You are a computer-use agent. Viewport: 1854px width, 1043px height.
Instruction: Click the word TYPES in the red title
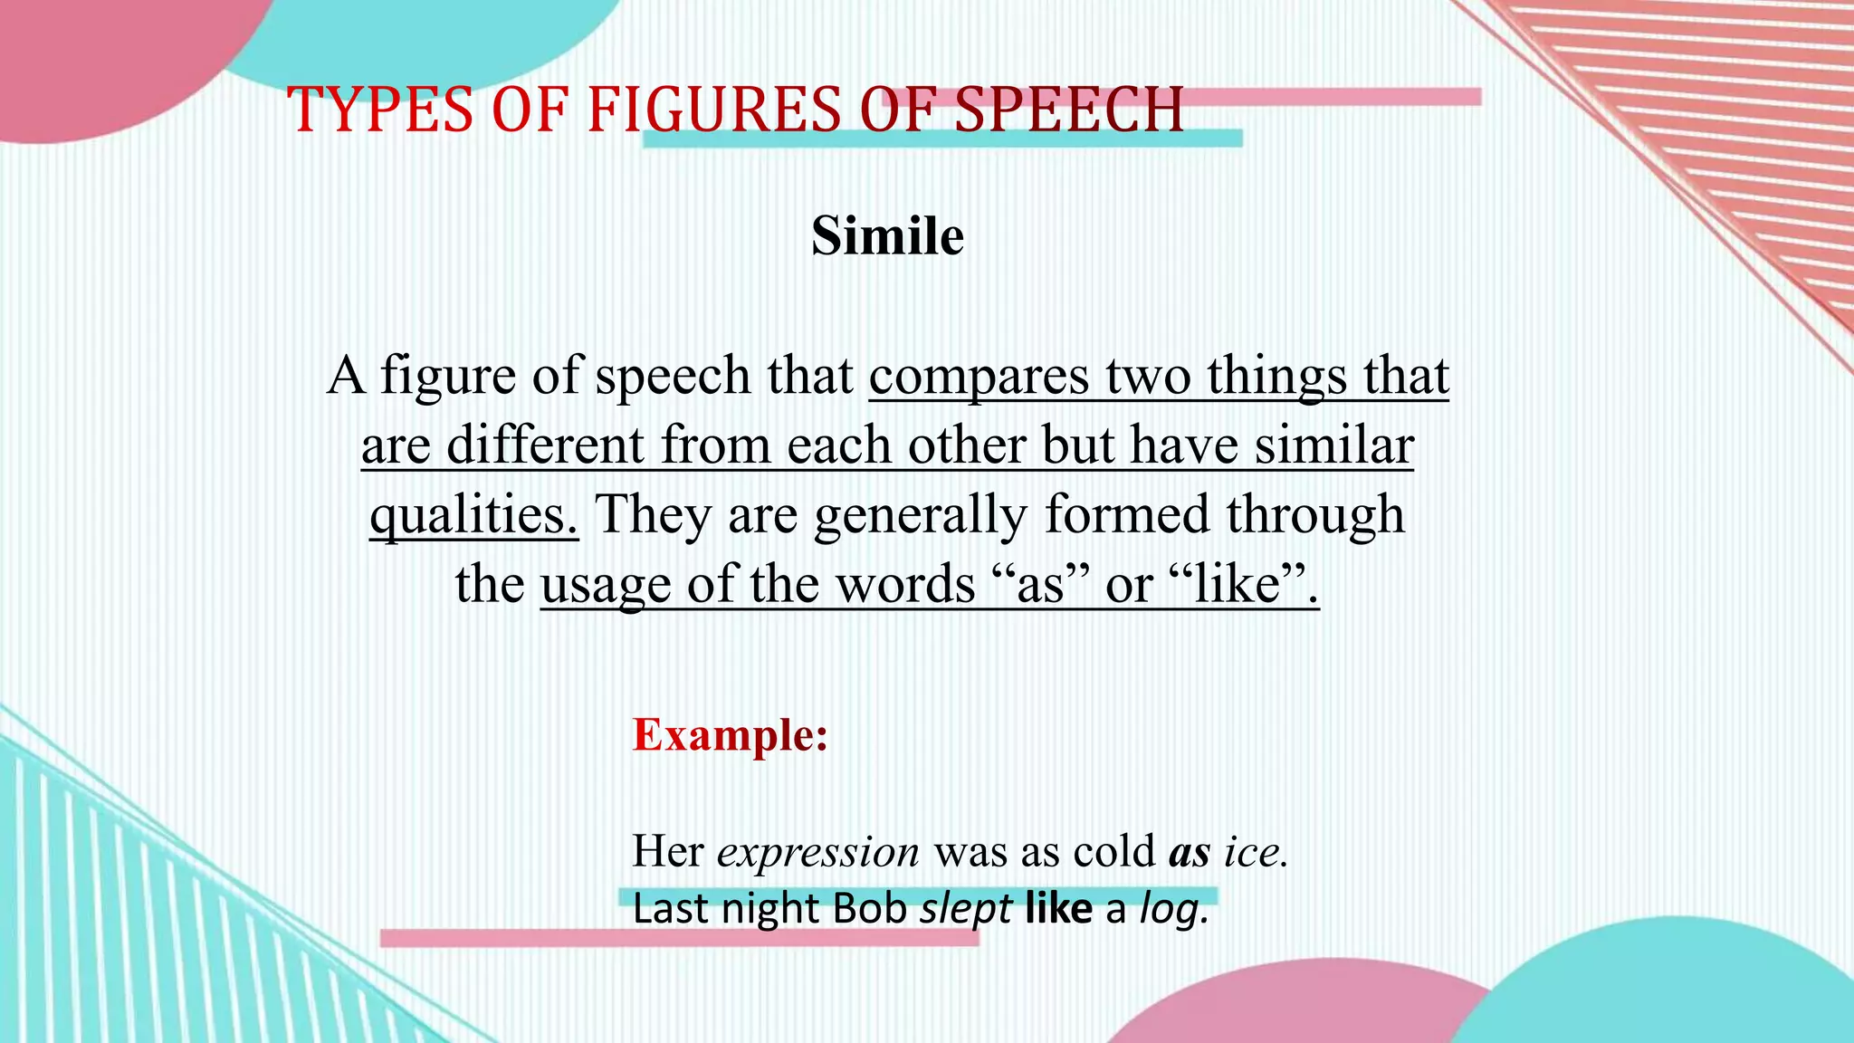coord(380,110)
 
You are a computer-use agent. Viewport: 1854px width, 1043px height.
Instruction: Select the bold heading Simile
coord(887,237)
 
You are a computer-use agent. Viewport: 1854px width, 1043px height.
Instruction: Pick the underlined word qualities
coord(473,515)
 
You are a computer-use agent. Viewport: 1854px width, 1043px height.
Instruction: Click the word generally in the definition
coord(921,515)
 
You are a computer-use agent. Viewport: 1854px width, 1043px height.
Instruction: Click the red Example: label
coord(730,734)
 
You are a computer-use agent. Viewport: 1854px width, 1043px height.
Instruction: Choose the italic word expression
coord(818,852)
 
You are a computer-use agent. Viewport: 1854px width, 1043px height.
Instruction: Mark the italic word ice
coord(1255,852)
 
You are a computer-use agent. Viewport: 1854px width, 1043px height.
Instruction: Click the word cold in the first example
coord(1113,852)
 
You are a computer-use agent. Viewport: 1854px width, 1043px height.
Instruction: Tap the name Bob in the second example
coord(870,909)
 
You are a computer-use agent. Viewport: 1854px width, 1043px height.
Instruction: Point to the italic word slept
coord(965,909)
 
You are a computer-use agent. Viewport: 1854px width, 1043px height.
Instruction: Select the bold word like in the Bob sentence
coord(1058,909)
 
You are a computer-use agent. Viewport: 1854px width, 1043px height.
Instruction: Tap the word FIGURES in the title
coord(714,110)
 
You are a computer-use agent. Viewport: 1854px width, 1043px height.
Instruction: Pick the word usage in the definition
coord(606,585)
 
